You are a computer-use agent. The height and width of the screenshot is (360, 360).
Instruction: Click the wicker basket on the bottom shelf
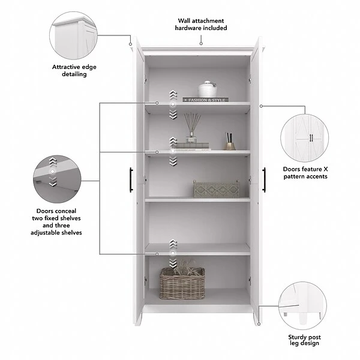click(182, 283)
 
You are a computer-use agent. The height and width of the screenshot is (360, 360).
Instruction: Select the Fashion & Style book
click(205, 100)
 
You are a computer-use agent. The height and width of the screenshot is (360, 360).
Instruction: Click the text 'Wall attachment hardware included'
click(201, 24)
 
